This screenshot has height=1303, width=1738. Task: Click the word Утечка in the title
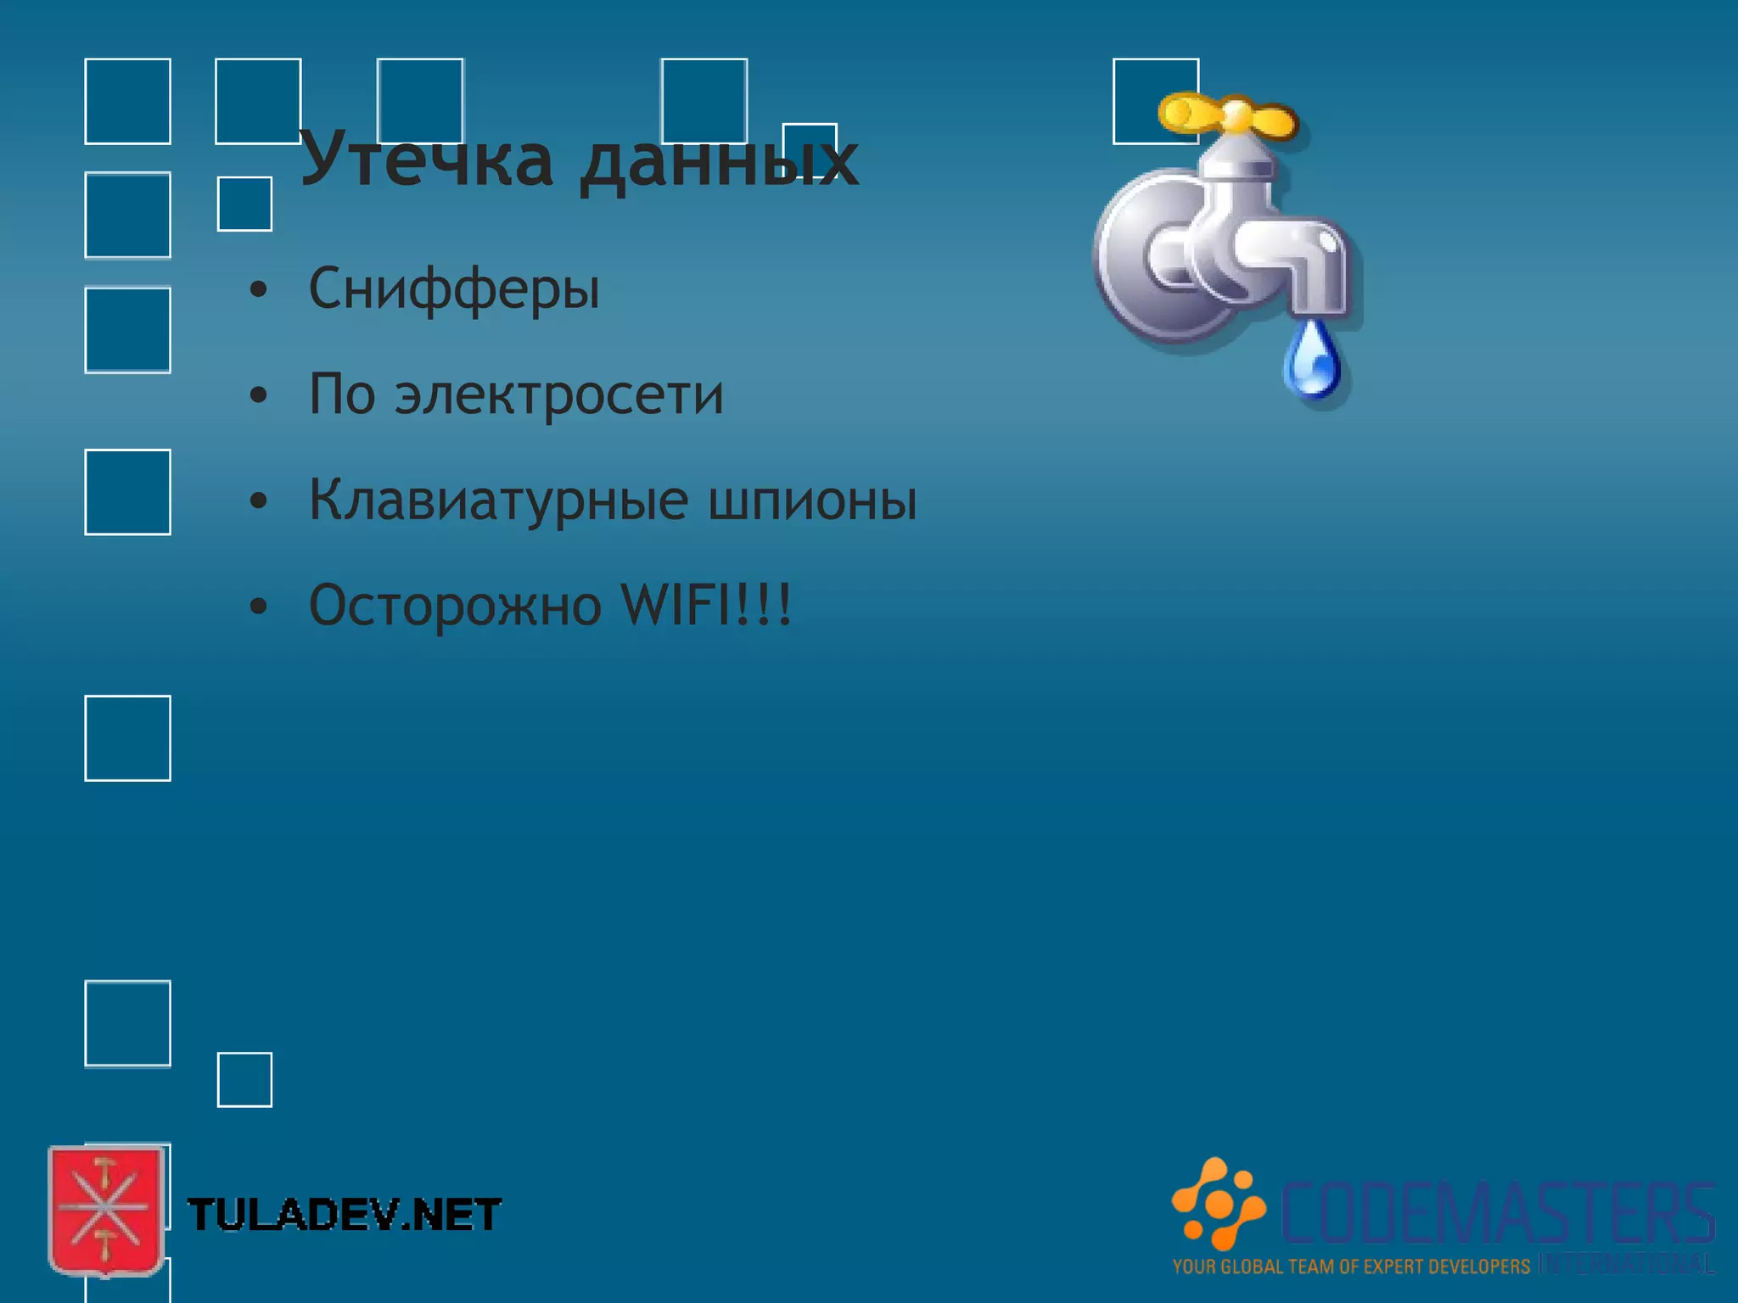point(427,159)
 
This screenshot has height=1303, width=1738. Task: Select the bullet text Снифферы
point(454,288)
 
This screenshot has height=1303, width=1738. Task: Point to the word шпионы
point(812,501)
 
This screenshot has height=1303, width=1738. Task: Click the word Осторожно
point(455,606)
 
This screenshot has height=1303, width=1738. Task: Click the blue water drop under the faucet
point(1312,360)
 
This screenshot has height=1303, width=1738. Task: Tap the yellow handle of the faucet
point(1228,117)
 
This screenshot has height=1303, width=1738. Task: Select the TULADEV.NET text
point(344,1215)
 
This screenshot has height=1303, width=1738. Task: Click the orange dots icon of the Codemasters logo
point(1219,1204)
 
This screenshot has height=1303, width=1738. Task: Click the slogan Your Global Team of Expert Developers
point(1351,1267)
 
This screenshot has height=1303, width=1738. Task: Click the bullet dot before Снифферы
point(259,290)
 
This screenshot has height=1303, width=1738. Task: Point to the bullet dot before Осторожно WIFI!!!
point(259,607)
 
